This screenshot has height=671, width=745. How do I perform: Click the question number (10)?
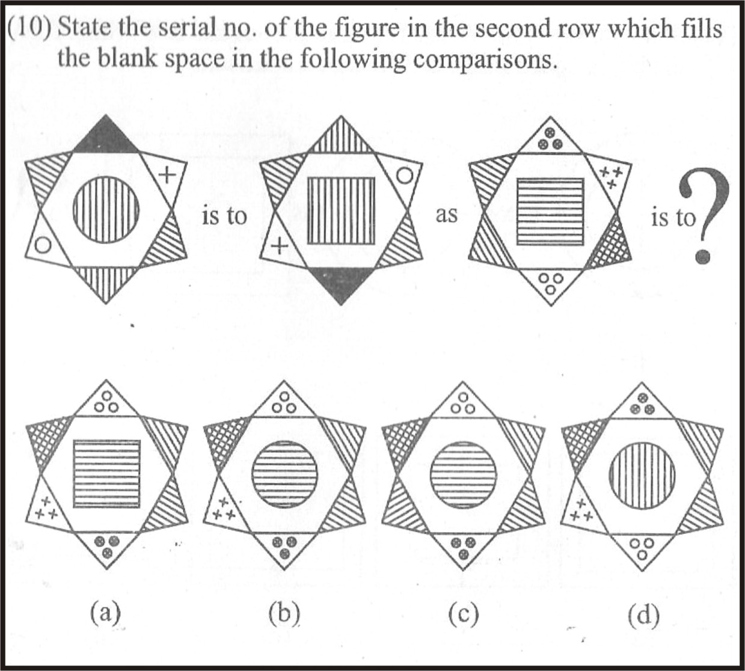click(x=29, y=28)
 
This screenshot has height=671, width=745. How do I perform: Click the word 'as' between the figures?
click(x=446, y=215)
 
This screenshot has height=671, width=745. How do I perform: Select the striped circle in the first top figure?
click(x=106, y=210)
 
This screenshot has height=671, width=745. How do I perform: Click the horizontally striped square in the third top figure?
click(x=551, y=212)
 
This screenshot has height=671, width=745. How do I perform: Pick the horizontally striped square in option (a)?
click(x=107, y=474)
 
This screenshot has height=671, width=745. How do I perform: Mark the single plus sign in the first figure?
click(x=168, y=174)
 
